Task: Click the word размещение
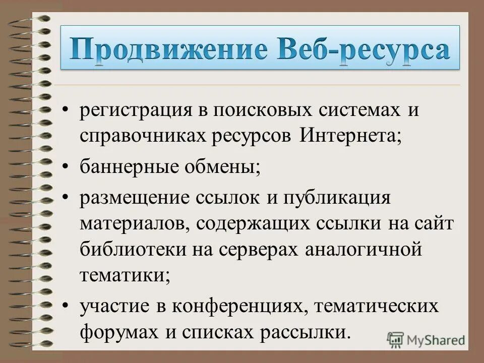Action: [133, 197]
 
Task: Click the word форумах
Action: [111, 332]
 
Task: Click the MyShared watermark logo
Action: [426, 339]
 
